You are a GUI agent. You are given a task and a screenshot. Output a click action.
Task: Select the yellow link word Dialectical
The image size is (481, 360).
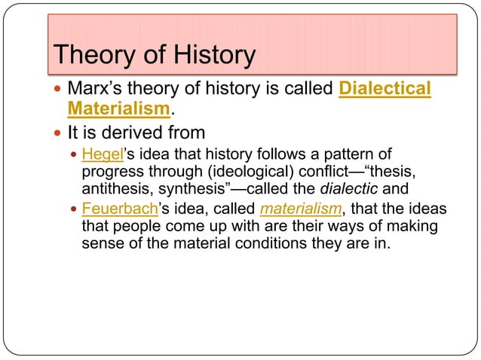pyautogui.click(x=385, y=90)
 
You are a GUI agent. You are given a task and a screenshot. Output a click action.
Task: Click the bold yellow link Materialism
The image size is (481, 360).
pyautogui.click(x=117, y=111)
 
